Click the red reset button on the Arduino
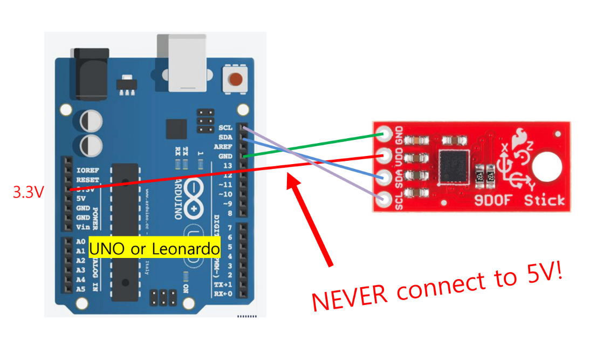[x=235, y=80]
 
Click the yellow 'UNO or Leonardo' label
[x=155, y=249]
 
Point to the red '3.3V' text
[x=29, y=192]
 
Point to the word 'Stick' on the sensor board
[x=545, y=201]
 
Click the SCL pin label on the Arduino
[x=226, y=128]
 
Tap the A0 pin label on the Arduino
[x=80, y=241]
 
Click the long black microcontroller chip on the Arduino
[x=125, y=227]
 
